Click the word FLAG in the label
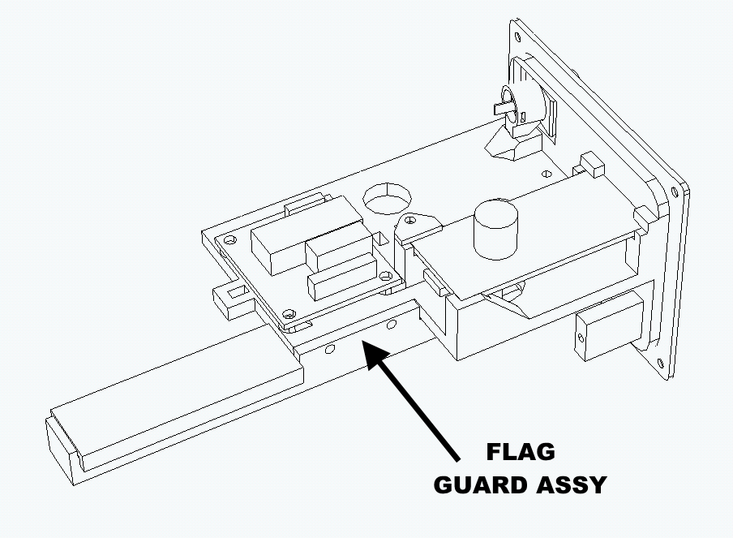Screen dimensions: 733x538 pyautogui.click(x=521, y=452)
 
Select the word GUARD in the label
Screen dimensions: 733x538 pyautogui.click(x=480, y=484)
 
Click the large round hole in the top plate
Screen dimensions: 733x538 pyautogui.click(x=388, y=198)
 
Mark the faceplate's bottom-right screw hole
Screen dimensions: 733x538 pyautogui.click(x=659, y=363)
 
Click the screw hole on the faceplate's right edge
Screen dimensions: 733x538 pyautogui.click(x=674, y=192)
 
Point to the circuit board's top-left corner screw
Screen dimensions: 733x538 pyautogui.click(x=229, y=240)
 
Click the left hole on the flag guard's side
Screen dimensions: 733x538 pyautogui.click(x=329, y=349)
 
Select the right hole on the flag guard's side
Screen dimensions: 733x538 pyautogui.click(x=392, y=324)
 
